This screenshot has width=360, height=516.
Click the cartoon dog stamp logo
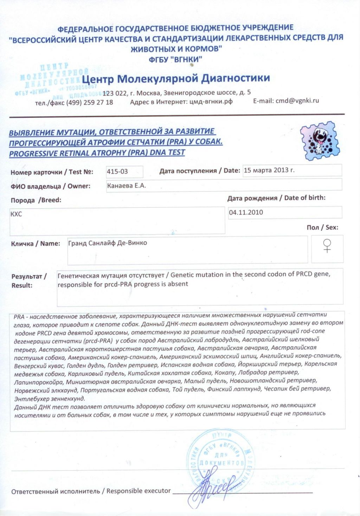(x=320, y=141)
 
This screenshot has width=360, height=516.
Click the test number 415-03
(x=117, y=172)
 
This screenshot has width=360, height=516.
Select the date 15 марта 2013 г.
(x=269, y=170)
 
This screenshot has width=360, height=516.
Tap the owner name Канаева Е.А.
(x=126, y=186)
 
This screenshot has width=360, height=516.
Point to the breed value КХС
(x=16, y=214)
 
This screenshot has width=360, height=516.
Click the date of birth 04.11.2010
(x=246, y=212)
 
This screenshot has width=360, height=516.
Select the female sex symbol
(x=327, y=246)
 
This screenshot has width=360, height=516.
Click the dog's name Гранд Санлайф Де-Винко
(x=108, y=243)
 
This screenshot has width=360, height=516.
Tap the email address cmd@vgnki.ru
(x=297, y=101)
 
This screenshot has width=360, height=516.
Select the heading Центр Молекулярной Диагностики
(x=176, y=78)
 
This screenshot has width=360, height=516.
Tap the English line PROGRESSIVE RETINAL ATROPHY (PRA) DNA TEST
(x=97, y=153)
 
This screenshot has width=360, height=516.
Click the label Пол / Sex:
(x=322, y=227)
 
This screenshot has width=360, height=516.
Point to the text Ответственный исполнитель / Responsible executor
(x=91, y=491)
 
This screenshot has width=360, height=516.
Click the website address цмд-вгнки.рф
(x=211, y=102)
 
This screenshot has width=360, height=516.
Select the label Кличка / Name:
(x=36, y=244)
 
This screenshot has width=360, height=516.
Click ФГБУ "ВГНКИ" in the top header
(x=175, y=59)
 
